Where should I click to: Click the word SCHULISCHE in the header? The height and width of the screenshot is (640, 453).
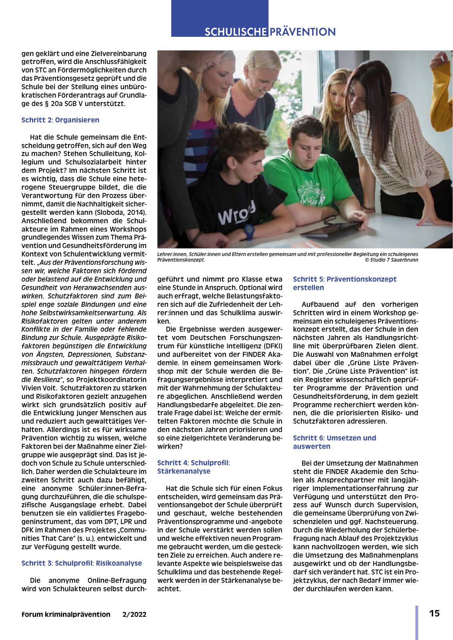point(236,32)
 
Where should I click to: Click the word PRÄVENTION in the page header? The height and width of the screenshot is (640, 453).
point(303,32)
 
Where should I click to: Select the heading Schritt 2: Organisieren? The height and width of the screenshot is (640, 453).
point(60,120)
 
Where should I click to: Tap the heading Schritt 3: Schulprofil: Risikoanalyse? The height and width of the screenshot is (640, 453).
point(82,563)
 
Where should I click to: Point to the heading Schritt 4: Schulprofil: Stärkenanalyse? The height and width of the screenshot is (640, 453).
point(193,467)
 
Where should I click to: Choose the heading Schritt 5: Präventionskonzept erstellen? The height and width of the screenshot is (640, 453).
point(345,283)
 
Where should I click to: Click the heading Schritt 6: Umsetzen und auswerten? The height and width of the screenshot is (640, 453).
point(335,442)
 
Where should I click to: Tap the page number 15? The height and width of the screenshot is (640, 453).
point(434,614)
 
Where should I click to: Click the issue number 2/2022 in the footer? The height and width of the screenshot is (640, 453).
point(134,614)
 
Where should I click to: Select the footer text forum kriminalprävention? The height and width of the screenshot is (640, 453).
point(66,614)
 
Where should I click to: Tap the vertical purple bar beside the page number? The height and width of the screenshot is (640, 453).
point(417,622)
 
